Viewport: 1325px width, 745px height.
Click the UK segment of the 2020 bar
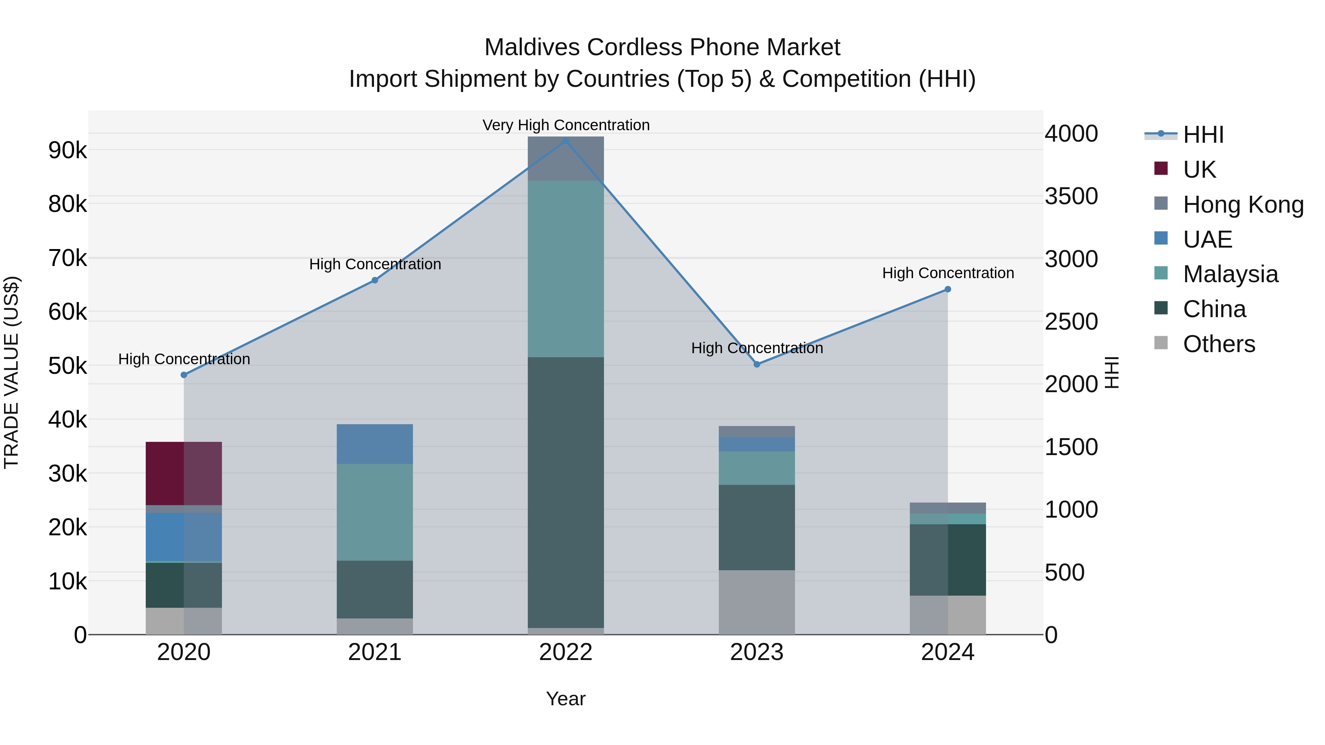point(184,473)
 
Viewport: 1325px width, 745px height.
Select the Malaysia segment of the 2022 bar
point(565,269)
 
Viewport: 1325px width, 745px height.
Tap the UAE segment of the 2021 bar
point(374,444)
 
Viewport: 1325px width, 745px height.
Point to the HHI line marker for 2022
point(565,141)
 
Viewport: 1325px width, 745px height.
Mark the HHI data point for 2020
point(184,375)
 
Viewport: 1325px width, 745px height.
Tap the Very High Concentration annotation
point(566,125)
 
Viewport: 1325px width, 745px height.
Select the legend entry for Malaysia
point(1229,274)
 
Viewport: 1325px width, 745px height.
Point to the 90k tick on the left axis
point(67,150)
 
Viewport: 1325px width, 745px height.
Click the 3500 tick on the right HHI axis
point(1071,196)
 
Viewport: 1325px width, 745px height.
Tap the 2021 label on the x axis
point(374,652)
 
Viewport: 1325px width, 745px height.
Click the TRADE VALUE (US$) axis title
point(11,372)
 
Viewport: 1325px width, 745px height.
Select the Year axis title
point(565,699)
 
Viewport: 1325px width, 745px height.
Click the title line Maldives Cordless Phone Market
point(662,47)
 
